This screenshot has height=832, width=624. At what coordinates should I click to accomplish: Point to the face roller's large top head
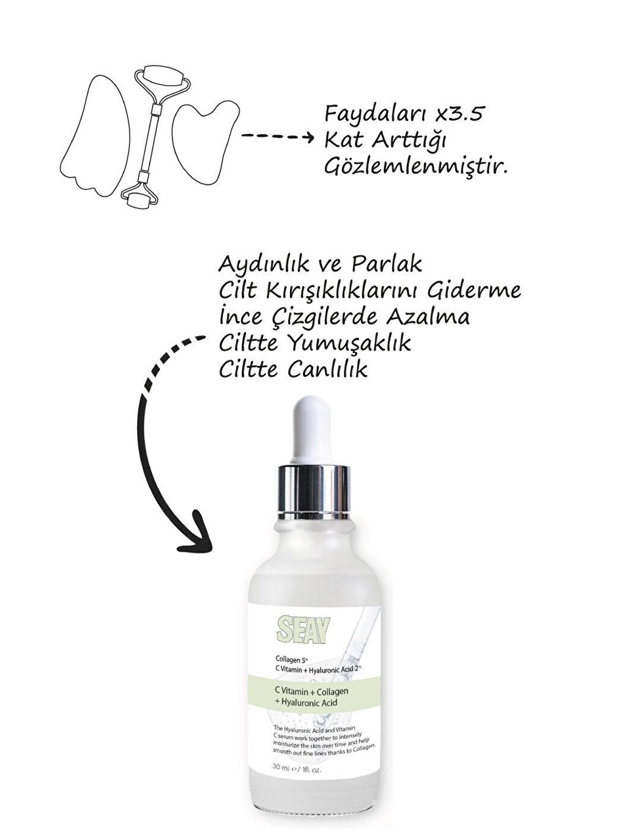pos(160,78)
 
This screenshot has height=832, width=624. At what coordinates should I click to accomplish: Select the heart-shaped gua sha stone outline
pos(204,143)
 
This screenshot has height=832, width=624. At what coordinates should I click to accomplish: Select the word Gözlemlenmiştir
pos(416,167)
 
